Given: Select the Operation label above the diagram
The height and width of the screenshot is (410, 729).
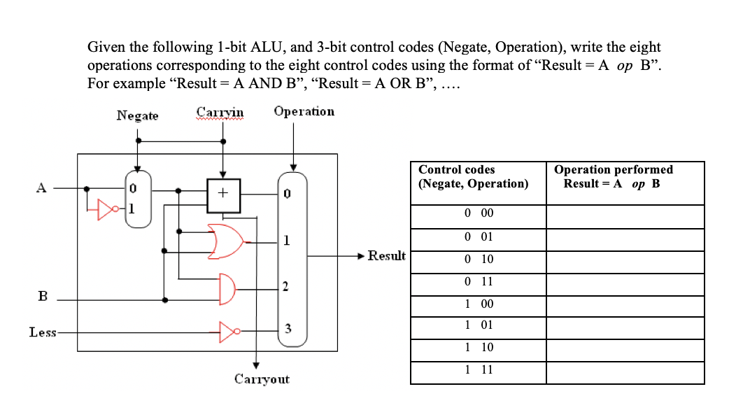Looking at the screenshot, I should [304, 112].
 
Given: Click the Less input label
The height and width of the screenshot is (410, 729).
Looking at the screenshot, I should [41, 332].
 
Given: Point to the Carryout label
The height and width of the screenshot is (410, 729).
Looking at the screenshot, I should [261, 380].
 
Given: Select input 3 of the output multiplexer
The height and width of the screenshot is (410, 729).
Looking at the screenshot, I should [286, 329].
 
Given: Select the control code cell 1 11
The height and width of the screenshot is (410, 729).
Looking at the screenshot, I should [479, 369].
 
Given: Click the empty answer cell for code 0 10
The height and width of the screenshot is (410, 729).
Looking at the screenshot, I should [625, 260].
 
